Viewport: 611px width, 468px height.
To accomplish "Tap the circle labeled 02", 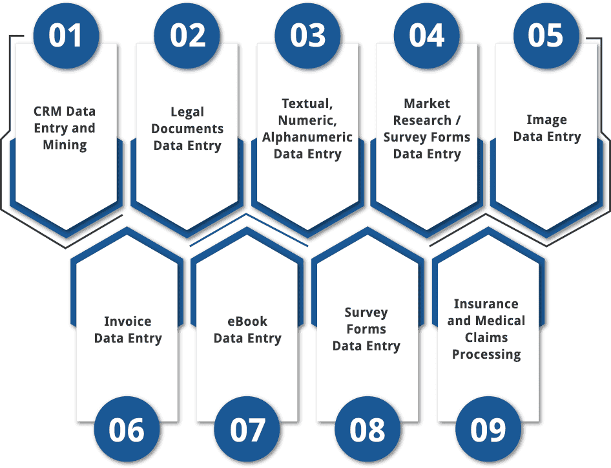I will [x=187, y=35].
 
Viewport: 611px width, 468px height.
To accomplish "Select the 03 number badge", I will [x=307, y=35].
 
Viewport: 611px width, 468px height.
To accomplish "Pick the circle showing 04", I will [x=427, y=35].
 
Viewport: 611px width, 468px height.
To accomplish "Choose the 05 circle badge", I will [x=546, y=35].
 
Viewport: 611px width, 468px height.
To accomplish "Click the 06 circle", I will [x=127, y=431].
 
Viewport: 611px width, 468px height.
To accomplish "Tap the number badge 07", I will [x=247, y=431].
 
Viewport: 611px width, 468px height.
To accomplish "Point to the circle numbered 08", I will [x=367, y=431].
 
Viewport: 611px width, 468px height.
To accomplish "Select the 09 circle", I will [x=488, y=431].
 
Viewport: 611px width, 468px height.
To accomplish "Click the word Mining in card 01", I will [x=65, y=145].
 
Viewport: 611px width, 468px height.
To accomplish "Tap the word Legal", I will [x=187, y=112].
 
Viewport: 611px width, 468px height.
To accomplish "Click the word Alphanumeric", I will [x=307, y=137].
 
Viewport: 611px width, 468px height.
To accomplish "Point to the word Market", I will [x=427, y=103].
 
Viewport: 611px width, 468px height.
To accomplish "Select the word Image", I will [x=546, y=120].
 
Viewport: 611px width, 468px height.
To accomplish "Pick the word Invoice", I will [x=128, y=321].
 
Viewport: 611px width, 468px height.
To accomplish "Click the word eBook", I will [x=247, y=321].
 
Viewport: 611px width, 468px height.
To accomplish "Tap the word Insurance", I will [x=486, y=304].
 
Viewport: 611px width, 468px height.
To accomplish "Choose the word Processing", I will [x=486, y=354].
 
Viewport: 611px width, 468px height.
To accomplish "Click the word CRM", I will [x=47, y=111].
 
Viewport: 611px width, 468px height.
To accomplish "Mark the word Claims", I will [x=486, y=337].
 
